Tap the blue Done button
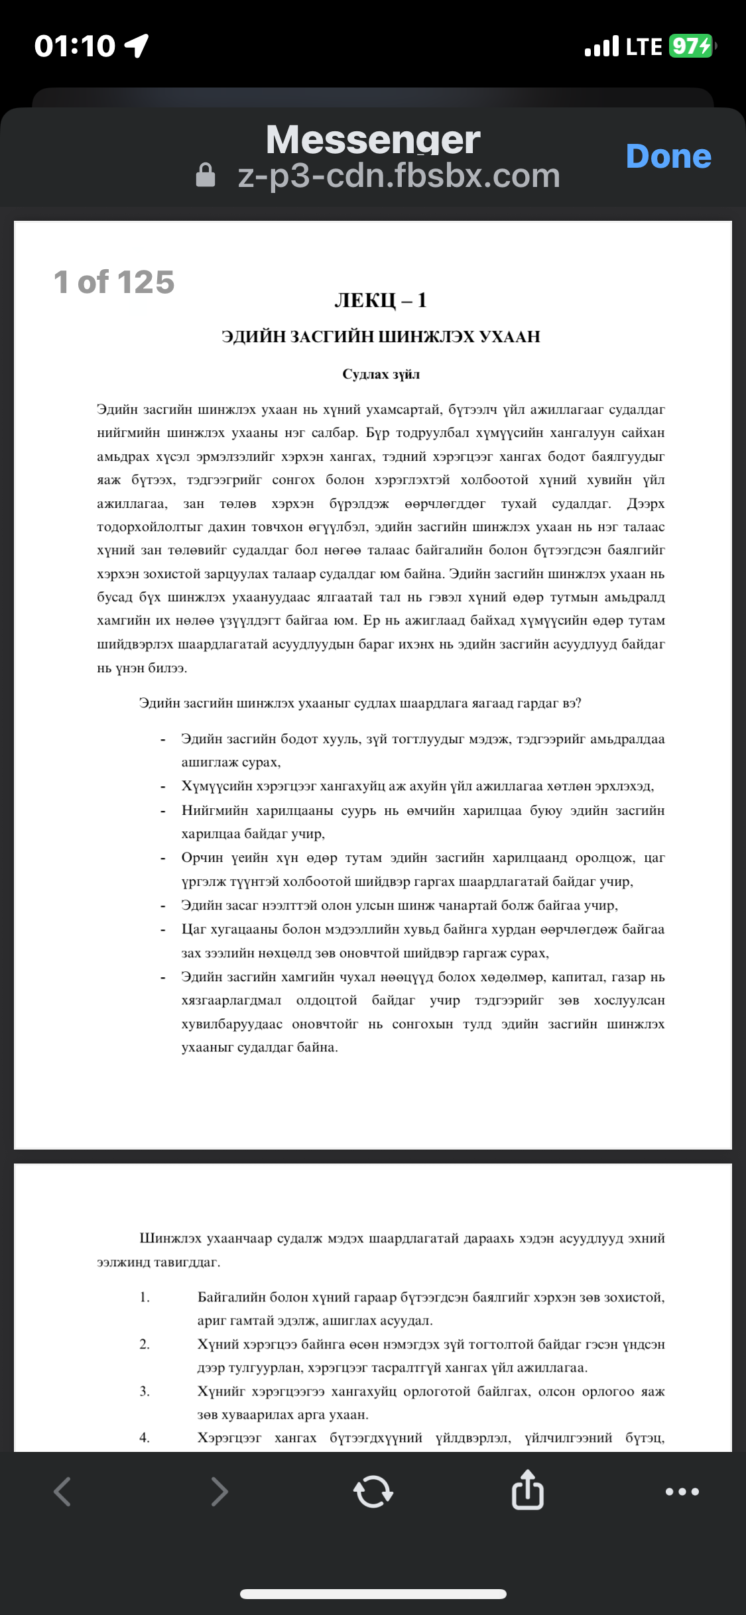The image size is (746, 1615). tap(668, 156)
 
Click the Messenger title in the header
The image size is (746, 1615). tap(373, 140)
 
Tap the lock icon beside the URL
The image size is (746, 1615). tap(206, 176)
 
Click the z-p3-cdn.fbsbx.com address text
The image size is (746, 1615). tap(399, 176)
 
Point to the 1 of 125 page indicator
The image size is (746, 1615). tap(114, 282)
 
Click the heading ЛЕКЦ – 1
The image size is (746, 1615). tap(381, 300)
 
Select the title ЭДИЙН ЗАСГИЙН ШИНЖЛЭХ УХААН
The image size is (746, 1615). tap(381, 337)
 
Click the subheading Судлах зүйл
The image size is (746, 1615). tap(381, 375)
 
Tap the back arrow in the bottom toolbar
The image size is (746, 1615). tap(62, 1492)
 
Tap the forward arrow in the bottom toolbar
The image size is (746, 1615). tap(219, 1492)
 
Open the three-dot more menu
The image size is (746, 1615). tap(682, 1492)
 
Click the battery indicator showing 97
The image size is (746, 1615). tap(691, 46)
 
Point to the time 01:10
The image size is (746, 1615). tap(75, 46)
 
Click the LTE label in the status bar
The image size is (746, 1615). tap(644, 46)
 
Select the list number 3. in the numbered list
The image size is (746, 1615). tap(145, 1391)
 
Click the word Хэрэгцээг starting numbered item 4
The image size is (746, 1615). tap(229, 1437)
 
